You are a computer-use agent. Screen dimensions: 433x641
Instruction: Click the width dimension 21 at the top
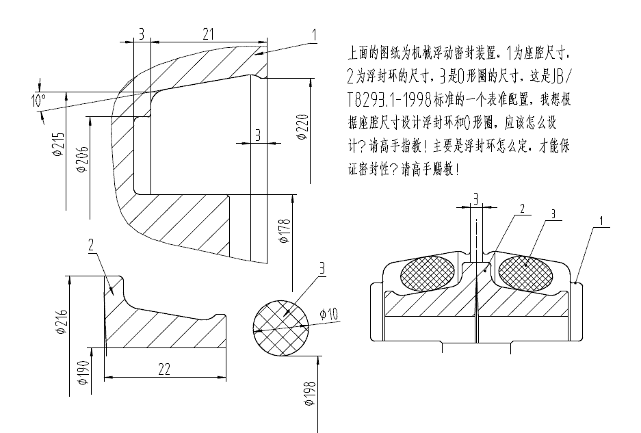(208, 33)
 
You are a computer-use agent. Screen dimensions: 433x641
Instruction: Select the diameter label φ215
(60, 144)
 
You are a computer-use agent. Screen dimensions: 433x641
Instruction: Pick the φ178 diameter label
(285, 231)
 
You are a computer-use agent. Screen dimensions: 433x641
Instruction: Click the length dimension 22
(165, 369)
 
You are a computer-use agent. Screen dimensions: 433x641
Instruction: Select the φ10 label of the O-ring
(329, 315)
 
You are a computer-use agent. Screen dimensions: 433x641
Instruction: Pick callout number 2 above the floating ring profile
(90, 246)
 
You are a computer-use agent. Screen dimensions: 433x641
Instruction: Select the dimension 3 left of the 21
(140, 34)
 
